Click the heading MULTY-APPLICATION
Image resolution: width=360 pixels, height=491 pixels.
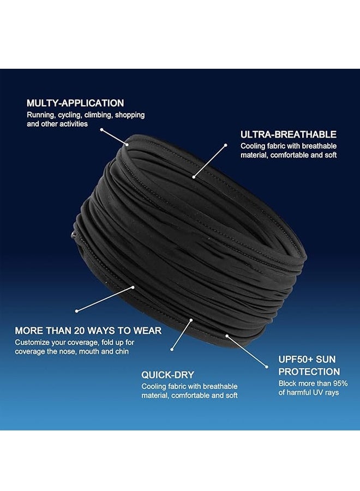pos(75,103)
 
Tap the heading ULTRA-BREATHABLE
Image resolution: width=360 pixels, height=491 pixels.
pos(289,134)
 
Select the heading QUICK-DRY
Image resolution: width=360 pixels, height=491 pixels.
pos(167,375)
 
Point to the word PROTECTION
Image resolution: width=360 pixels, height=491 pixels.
pos(309,372)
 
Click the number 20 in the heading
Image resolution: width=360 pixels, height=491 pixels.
pos(80,331)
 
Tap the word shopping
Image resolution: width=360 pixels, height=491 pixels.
pos(130,115)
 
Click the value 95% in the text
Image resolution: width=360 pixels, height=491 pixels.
pos(340,384)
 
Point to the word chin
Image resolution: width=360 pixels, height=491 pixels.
pos(122,351)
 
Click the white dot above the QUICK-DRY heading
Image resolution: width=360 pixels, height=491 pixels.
pos(172,350)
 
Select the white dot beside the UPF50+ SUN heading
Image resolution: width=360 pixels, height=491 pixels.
pos(267,367)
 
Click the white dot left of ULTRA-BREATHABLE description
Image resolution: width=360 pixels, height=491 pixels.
pos(225,145)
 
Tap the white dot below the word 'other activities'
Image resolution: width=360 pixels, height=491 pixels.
pos(101,129)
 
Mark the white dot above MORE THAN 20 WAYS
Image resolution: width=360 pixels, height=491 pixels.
pos(76,311)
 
